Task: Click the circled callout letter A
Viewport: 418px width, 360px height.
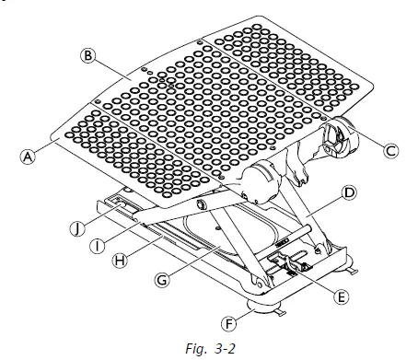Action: (28, 157)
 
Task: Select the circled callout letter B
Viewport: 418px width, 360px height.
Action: (88, 56)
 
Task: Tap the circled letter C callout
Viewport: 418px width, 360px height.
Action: (390, 151)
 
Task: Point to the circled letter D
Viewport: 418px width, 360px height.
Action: (349, 192)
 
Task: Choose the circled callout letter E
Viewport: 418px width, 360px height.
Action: (342, 296)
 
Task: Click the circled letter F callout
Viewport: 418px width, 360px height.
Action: (229, 324)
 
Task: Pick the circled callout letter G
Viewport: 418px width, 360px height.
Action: (162, 280)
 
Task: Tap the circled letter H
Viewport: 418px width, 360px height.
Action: (120, 261)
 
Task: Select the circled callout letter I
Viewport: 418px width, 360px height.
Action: (98, 246)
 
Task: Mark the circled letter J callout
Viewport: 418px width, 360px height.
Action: (78, 228)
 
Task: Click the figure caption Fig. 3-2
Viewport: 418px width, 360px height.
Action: (211, 348)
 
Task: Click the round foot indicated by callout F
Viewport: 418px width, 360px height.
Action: (263, 307)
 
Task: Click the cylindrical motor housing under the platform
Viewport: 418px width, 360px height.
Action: (261, 183)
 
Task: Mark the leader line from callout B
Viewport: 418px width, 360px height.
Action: (113, 68)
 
